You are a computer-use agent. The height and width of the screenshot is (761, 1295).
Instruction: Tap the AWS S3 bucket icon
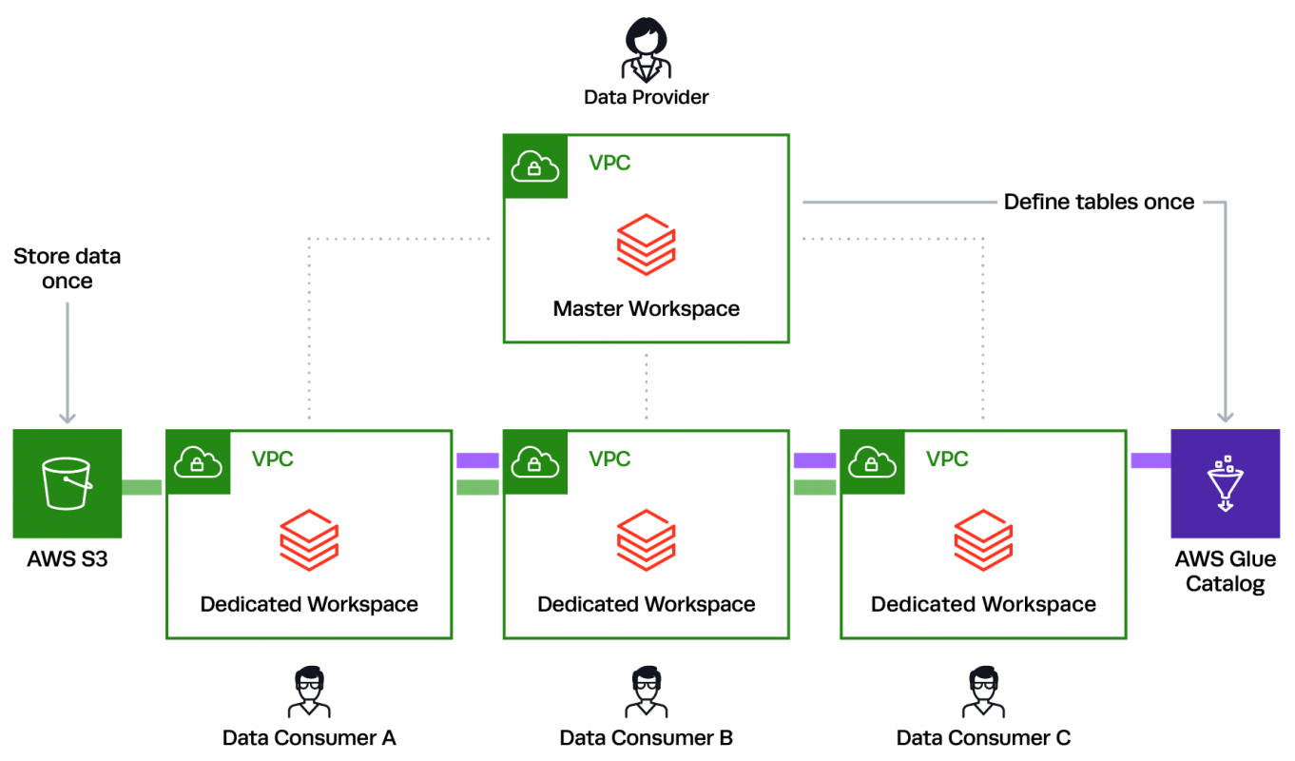[67, 483]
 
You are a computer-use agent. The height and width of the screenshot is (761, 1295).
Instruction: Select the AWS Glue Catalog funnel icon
[1225, 483]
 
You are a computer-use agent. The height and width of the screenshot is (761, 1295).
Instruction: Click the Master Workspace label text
[646, 308]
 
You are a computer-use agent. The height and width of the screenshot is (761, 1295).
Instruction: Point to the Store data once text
[67, 268]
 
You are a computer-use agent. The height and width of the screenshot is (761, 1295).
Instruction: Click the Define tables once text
[1098, 202]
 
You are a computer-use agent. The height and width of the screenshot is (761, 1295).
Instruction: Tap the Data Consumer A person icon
[309, 692]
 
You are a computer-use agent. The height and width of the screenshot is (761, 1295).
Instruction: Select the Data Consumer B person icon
[646, 692]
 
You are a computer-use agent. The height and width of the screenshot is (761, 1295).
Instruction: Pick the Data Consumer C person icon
[983, 692]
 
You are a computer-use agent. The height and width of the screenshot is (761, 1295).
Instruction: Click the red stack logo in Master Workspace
[646, 244]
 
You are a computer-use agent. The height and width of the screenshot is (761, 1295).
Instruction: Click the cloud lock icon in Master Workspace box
[535, 166]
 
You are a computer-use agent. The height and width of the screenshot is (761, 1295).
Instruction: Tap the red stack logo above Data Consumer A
[309, 540]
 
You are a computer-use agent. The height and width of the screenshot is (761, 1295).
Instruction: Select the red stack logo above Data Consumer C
[983, 540]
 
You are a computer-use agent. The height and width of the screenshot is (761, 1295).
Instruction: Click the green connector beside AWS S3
[142, 487]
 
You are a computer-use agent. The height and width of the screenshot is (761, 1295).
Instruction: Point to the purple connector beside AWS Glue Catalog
[1150, 460]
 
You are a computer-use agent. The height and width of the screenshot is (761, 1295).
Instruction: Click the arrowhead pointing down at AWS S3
[67, 416]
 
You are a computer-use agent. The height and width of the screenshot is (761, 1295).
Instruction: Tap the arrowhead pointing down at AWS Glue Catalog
[1225, 416]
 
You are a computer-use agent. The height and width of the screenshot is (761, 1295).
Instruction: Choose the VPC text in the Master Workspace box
[609, 163]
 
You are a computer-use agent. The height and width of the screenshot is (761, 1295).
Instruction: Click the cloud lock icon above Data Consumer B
[535, 462]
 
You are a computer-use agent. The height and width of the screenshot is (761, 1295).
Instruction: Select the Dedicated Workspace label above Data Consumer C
[983, 604]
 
